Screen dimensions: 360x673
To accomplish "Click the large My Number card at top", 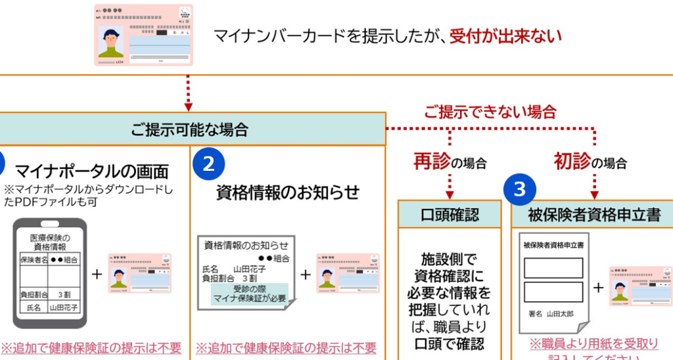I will pos(144,35).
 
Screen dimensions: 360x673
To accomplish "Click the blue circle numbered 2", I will pos(208,164).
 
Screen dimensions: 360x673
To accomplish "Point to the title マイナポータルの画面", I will pos(91,172).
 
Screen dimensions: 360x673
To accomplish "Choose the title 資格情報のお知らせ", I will pos(288,192).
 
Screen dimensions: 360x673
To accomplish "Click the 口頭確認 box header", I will pos(450,214).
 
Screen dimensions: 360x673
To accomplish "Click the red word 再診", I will pos(431,161).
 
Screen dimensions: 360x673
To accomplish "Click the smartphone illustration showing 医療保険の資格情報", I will pos(50,272).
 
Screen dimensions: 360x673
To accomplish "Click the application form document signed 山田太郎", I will pos(553,281).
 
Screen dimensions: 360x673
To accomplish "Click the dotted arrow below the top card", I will pos(189,93).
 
